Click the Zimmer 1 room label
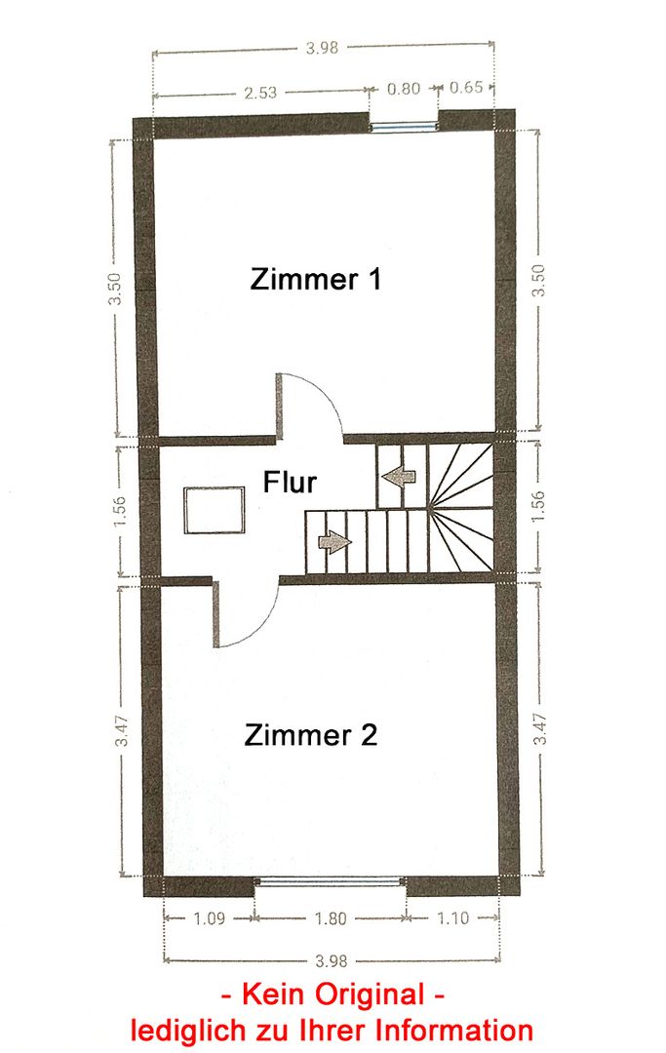pos(316,279)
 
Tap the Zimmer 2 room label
pos(311,735)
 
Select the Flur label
pos(290,483)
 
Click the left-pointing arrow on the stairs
pos(399,476)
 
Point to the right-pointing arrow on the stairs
pos(334,540)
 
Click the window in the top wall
pos(404,126)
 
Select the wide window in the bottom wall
pos(331,881)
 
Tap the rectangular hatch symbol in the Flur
pos(215,510)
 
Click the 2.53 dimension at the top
pos(260,92)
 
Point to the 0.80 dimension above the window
pos(404,88)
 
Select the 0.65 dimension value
pos(466,88)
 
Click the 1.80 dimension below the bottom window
pos(331,918)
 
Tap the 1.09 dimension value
pos(209,918)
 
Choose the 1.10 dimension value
pos(453,917)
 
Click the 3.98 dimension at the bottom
pos(331,961)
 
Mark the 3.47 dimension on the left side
pos(122,730)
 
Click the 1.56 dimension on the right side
pos(539,508)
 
